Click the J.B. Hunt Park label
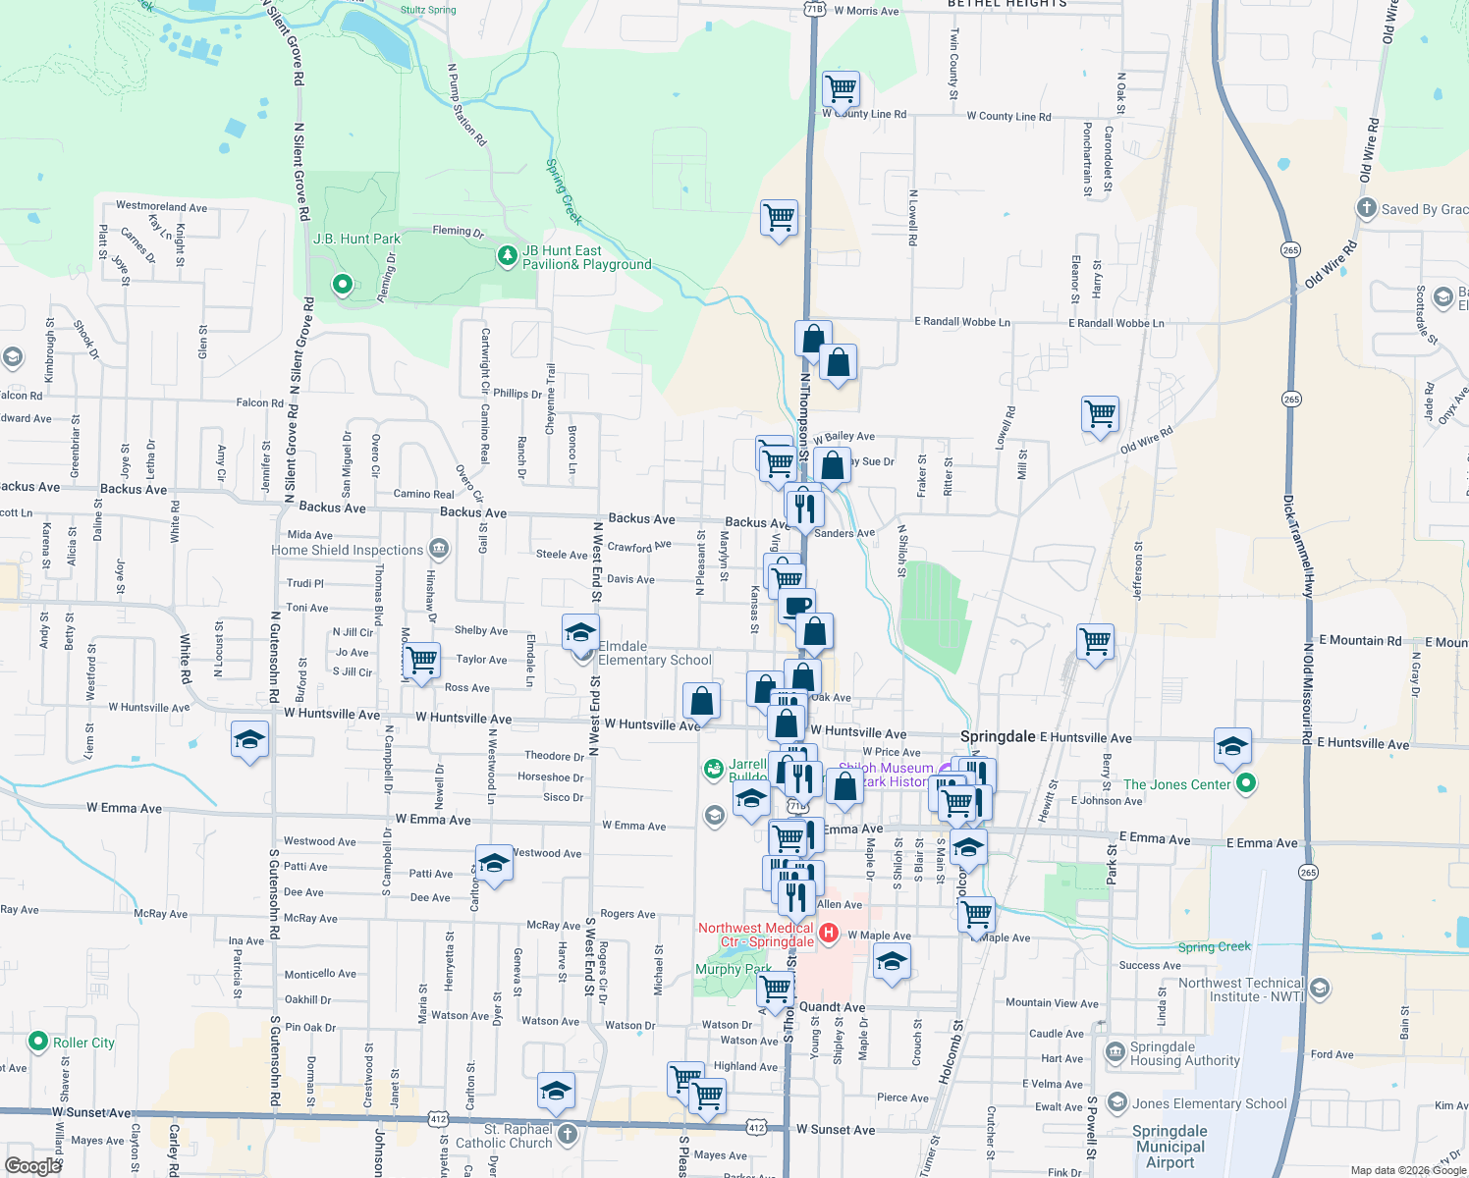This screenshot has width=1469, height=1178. coord(356,239)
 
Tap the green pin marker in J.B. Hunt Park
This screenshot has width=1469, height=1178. coord(343,285)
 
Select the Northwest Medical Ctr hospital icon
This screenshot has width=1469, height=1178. coord(828,933)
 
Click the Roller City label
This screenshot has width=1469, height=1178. coord(83,1043)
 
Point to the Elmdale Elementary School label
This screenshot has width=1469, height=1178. coord(654,653)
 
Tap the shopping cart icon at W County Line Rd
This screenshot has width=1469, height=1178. coord(842,88)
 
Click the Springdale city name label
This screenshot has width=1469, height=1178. coord(998,736)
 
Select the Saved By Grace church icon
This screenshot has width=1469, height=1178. coord(1366,208)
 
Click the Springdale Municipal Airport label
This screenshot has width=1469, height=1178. coord(1170,1147)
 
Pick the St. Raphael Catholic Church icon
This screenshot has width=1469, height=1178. coord(568,1136)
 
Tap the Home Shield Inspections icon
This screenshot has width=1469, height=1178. coord(439,549)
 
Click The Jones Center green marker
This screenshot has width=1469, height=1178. coord(1246,783)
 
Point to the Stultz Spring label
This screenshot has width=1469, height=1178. coord(428,10)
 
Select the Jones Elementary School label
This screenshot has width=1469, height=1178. coord(1209,1103)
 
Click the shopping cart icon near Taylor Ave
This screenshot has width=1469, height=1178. coord(421,659)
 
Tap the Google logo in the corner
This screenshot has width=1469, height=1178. coord(32,1165)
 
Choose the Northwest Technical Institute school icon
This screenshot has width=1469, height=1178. coord(1321,988)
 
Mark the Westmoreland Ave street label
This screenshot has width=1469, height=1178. coord(161,206)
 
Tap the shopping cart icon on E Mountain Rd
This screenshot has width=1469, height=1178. coord(1095,642)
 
